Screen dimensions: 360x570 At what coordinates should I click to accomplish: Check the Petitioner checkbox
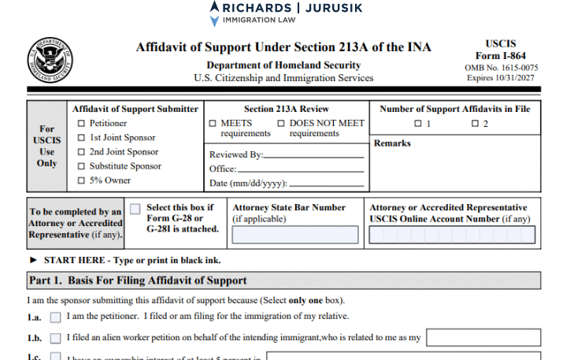click(x=81, y=124)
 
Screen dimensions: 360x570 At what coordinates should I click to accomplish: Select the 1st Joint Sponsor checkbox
click(x=81, y=138)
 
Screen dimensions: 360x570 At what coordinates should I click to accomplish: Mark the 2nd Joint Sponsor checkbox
click(x=81, y=152)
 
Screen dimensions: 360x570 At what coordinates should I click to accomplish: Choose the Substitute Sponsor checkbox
click(x=81, y=166)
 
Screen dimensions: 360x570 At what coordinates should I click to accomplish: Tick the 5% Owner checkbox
click(x=81, y=180)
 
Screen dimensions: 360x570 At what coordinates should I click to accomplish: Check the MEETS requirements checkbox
click(x=213, y=124)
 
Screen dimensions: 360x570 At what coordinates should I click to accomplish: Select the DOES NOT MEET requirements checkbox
click(x=281, y=124)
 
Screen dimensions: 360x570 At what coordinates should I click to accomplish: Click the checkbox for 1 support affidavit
click(x=417, y=124)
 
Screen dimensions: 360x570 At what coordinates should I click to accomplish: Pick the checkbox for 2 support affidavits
click(x=475, y=124)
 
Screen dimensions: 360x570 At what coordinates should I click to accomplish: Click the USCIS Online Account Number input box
click(x=452, y=235)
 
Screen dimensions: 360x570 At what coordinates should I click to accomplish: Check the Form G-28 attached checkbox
click(x=135, y=209)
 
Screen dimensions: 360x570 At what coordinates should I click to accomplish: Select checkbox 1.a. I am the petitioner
click(x=55, y=317)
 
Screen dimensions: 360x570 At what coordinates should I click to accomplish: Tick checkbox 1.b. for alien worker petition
click(x=55, y=338)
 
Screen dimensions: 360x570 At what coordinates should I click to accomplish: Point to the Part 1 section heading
click(x=138, y=280)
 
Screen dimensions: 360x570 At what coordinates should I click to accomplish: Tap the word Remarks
click(x=392, y=144)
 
